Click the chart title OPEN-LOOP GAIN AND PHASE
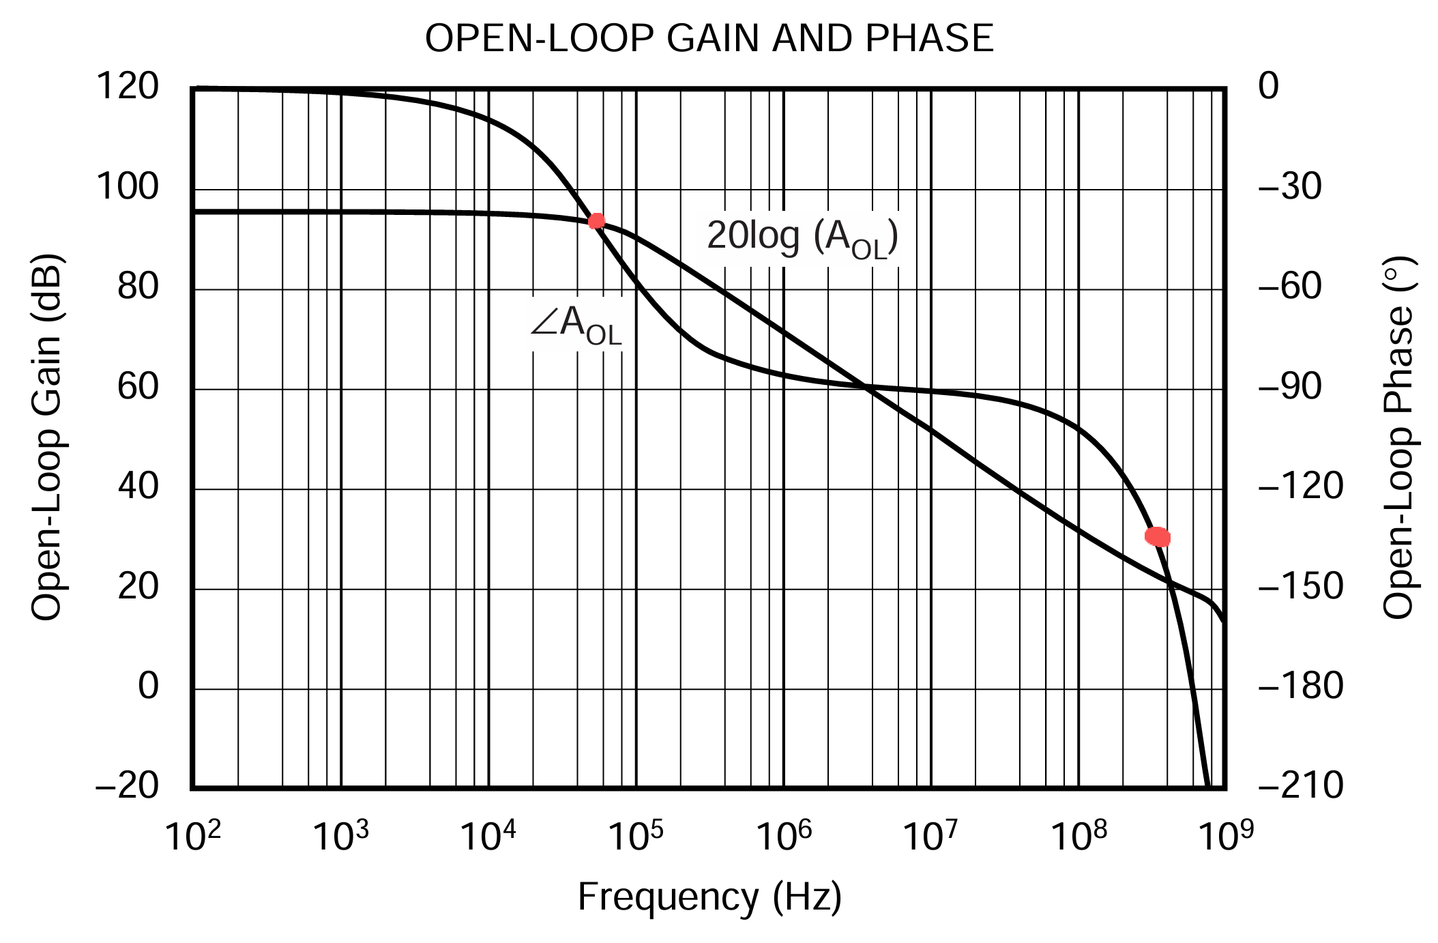(709, 39)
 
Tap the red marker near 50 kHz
(596, 220)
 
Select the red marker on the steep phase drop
(1158, 537)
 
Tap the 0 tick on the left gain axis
(148, 686)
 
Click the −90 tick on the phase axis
(1289, 388)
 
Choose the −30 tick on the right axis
(1289, 187)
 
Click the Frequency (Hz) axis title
(709, 897)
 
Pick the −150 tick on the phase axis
(1300, 587)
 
